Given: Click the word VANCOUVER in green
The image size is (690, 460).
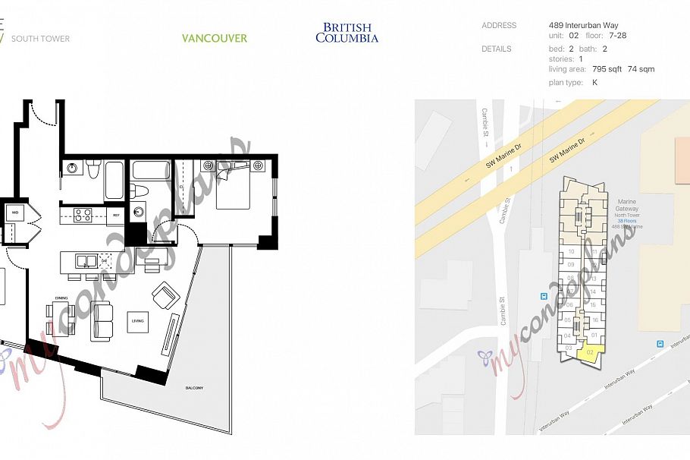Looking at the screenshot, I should (215, 38).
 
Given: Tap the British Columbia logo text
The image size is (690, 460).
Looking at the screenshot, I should (347, 33).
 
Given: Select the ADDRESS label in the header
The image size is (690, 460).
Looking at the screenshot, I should (499, 26).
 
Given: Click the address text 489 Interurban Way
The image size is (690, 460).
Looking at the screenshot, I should (583, 26).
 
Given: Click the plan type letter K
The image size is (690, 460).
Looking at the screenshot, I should (595, 82).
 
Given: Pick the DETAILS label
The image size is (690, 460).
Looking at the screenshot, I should (497, 49).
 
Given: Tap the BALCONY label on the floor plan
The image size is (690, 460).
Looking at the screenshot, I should (195, 389).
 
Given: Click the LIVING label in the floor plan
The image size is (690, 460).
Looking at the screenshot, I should (137, 321).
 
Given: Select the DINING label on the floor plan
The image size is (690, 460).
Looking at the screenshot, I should (61, 298).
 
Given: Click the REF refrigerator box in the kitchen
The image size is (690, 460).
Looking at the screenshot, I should (116, 216).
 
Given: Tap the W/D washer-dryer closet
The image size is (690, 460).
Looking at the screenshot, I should (14, 213).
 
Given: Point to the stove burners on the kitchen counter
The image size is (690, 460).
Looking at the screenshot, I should (82, 216).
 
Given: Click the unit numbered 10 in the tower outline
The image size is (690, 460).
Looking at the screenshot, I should (570, 252).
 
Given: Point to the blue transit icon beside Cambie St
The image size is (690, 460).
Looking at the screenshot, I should (543, 296).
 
